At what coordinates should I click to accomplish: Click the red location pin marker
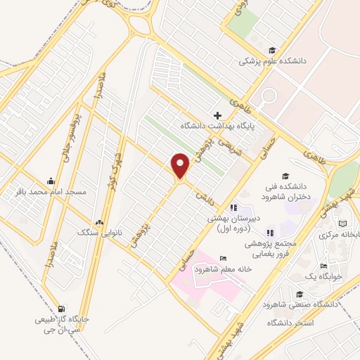(181, 166)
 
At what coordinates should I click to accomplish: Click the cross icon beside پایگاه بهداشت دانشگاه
(217, 115)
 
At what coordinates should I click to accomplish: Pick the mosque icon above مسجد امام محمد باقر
(50, 180)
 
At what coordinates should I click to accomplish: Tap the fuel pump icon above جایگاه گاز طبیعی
(62, 308)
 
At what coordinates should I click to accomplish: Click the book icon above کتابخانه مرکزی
(342, 224)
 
